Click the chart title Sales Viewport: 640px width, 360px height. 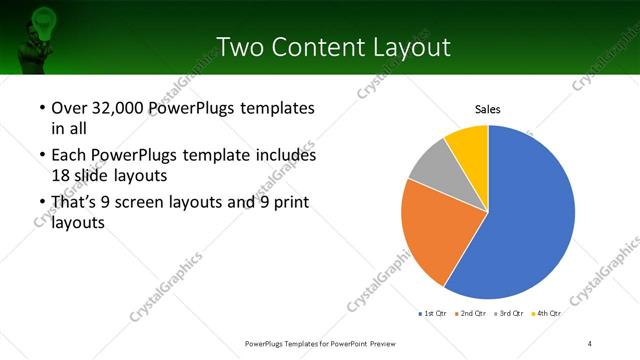point(487,110)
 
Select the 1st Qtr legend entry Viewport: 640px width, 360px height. point(432,314)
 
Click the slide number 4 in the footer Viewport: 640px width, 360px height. point(590,343)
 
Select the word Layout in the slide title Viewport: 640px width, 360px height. point(410,47)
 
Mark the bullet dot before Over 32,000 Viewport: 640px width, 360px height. point(41,108)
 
